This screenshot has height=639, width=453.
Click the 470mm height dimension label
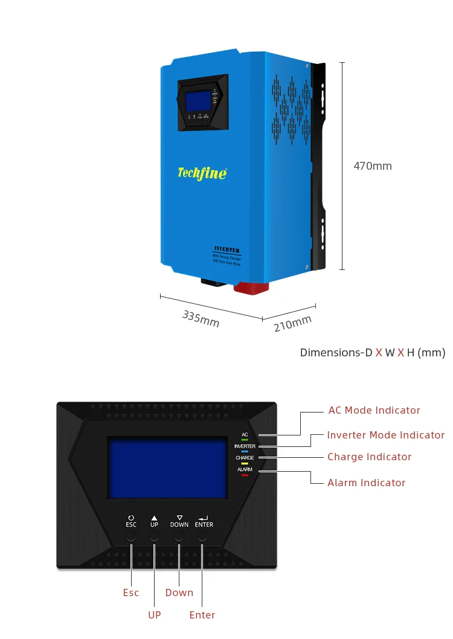373,166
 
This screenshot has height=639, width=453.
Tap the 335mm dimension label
201,319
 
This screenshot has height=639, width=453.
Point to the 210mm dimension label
293,323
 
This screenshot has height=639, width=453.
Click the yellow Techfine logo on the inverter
202,173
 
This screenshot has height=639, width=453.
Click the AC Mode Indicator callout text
374,411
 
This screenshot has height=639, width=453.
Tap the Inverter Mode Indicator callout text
385,435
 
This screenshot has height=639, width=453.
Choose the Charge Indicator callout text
369,457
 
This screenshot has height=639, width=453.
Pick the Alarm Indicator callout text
366,483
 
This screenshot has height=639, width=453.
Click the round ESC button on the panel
131,537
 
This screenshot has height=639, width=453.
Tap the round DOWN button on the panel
179,537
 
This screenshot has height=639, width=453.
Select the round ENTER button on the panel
204,537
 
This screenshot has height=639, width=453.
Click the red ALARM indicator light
245,475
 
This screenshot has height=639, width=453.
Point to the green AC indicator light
245,440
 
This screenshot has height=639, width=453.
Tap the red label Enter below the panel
202,615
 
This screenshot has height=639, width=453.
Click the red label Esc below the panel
131,592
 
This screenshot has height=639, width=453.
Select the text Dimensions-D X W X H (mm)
373,353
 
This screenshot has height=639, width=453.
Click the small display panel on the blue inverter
202,103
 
